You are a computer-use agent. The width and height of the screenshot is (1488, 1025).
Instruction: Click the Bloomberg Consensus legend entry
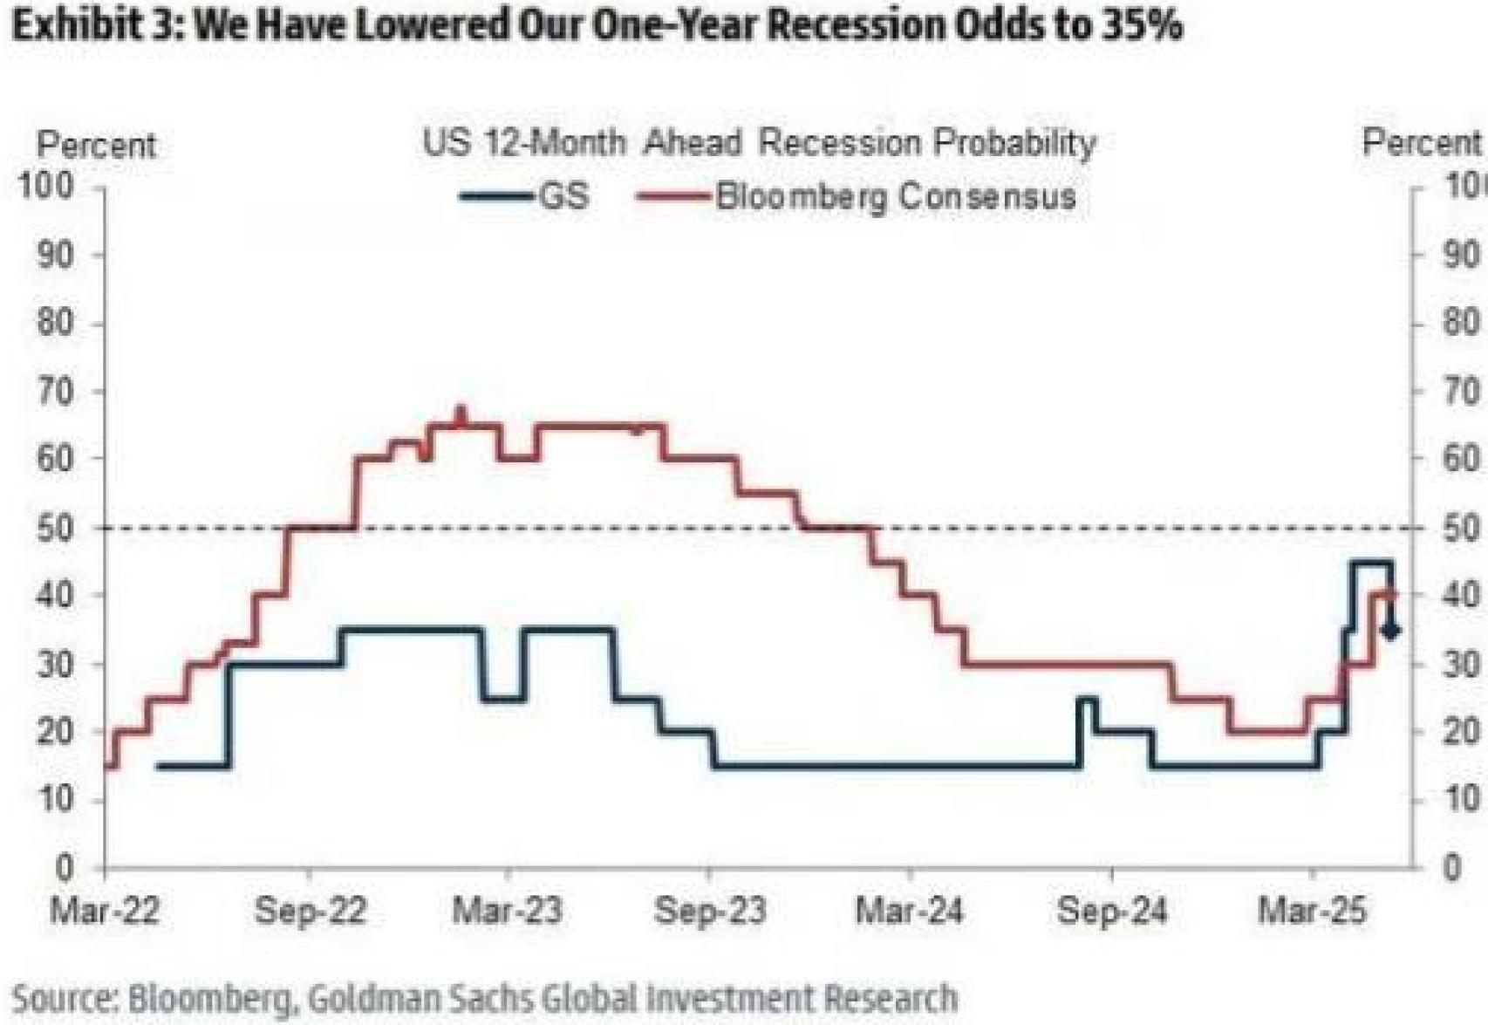[x=856, y=196]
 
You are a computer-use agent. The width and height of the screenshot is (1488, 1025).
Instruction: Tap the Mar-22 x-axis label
[x=105, y=912]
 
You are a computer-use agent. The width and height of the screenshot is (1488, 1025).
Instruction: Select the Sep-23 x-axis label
[x=709, y=912]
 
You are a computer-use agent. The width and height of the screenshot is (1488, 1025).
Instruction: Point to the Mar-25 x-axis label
[x=1312, y=912]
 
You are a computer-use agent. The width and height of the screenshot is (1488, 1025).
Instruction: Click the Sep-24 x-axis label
[x=1111, y=912]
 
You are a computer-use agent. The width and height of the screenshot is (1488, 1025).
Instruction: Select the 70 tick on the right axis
[x=1460, y=392]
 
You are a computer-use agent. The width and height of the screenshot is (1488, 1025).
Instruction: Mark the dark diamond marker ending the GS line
[x=1391, y=630]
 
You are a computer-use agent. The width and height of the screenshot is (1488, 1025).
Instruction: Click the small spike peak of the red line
[x=461, y=411]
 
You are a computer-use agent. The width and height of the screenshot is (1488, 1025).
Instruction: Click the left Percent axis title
[x=96, y=145]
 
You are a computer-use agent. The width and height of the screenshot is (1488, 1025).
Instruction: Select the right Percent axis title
[x=1422, y=142]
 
